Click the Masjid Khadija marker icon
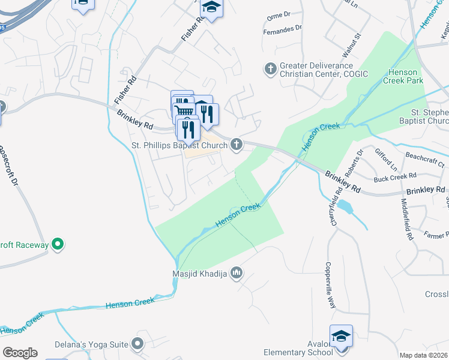pyautogui.click(x=237, y=274)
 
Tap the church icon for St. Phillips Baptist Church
pyautogui.click(x=237, y=145)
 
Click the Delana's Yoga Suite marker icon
pyautogui.click(x=137, y=344)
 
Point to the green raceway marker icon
pyautogui.click(x=58, y=244)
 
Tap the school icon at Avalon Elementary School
pyautogui.click(x=341, y=336)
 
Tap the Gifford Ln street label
pyautogui.click(x=386, y=158)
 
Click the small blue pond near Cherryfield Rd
pyautogui.click(x=345, y=207)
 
